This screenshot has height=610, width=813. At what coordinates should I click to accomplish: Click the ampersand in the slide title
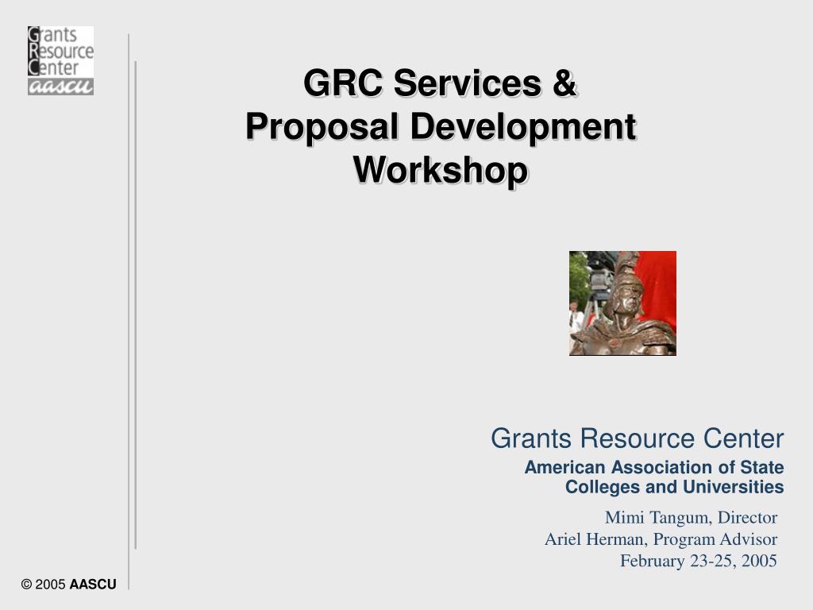tap(562, 84)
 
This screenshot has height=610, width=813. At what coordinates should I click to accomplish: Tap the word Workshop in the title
tap(440, 170)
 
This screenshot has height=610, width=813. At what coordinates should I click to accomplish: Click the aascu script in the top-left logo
tap(60, 87)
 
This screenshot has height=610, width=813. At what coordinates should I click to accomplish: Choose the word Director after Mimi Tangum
tap(747, 518)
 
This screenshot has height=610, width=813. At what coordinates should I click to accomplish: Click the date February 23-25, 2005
tap(698, 561)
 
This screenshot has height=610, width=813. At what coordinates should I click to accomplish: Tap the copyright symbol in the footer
tap(27, 585)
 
